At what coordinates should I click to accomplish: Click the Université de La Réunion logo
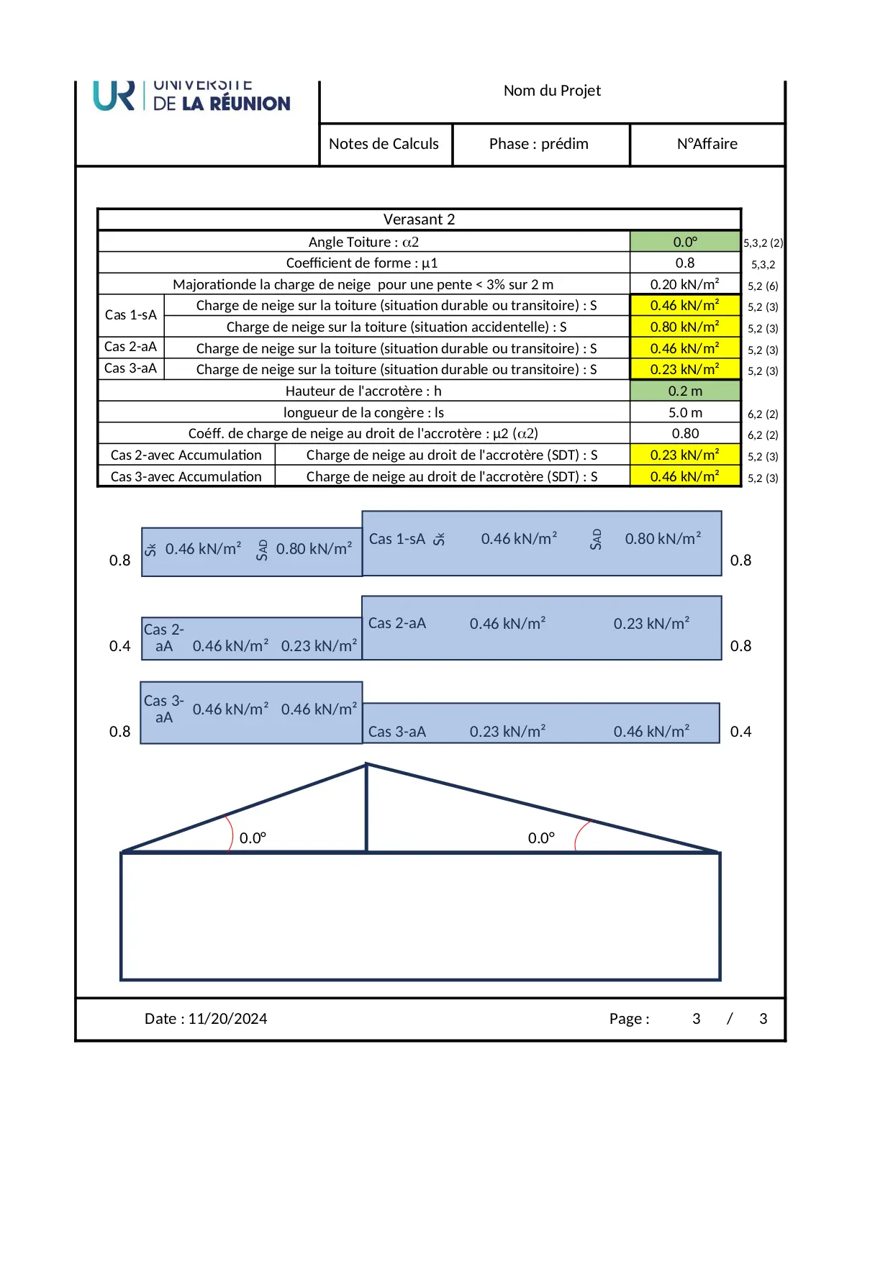point(191,97)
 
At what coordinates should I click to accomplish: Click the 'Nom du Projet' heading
point(552,91)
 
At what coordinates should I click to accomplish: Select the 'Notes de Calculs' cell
point(384,144)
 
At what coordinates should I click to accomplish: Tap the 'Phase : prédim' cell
point(539,144)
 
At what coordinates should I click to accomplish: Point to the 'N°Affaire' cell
point(707,144)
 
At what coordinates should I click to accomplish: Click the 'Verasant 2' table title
point(419,219)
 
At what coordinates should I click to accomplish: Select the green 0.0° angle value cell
point(685,242)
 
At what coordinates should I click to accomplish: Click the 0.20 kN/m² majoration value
point(685,284)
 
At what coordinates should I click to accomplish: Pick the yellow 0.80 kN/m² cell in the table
point(685,327)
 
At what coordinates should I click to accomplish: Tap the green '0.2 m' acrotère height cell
point(685,391)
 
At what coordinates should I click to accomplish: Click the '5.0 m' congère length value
point(685,412)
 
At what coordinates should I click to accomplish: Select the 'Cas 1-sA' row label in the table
point(130,315)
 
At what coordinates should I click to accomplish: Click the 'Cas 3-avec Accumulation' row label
point(186,476)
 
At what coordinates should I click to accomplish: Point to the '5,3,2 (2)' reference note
point(763,243)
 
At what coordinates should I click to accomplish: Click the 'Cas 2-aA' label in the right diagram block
point(397,623)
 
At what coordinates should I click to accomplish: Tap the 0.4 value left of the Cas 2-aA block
point(119,646)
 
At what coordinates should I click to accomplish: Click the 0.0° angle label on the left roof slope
point(253,838)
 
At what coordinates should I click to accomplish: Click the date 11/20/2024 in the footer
point(227,1019)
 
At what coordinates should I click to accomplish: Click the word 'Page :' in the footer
point(629,1019)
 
